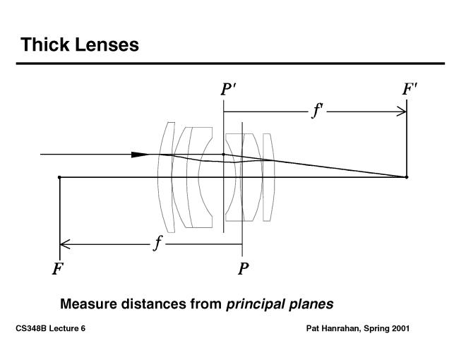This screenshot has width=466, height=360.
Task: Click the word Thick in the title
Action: (x=44, y=44)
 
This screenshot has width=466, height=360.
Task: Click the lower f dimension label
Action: (x=159, y=244)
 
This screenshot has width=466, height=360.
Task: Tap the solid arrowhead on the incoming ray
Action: (x=141, y=154)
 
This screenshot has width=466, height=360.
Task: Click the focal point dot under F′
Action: (x=407, y=176)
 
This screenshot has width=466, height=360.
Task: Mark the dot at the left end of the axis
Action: (x=59, y=176)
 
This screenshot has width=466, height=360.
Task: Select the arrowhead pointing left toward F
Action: (x=64, y=245)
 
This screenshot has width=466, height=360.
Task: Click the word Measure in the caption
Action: (x=88, y=304)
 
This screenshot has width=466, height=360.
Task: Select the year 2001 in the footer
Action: (x=399, y=329)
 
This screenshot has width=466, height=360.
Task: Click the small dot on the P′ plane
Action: (x=224, y=154)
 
